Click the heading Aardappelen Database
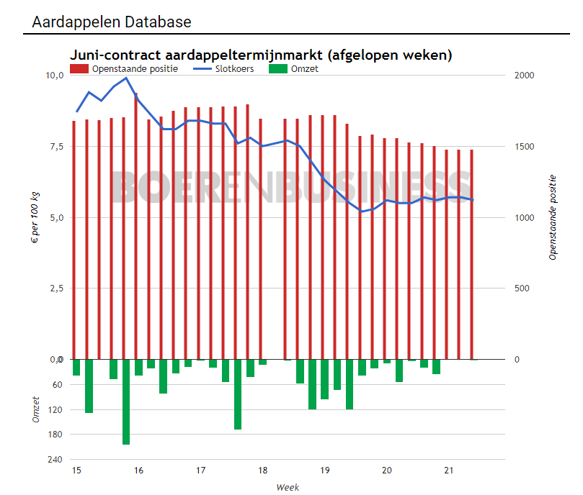pyautogui.click(x=112, y=22)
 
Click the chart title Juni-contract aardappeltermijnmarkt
pyautogui.click(x=260, y=55)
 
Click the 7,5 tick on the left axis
pyautogui.click(x=55, y=147)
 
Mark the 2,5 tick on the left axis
pyautogui.click(x=55, y=289)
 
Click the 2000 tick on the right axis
pyautogui.click(x=526, y=76)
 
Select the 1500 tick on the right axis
pyautogui.click(x=526, y=147)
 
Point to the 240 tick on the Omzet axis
pyautogui.click(x=55, y=460)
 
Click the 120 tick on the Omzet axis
pyautogui.click(x=55, y=410)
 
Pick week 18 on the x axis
pyautogui.click(x=262, y=471)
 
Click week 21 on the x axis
pyautogui.click(x=448, y=471)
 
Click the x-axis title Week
pyautogui.click(x=288, y=487)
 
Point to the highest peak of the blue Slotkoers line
pyautogui.click(x=126, y=78)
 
